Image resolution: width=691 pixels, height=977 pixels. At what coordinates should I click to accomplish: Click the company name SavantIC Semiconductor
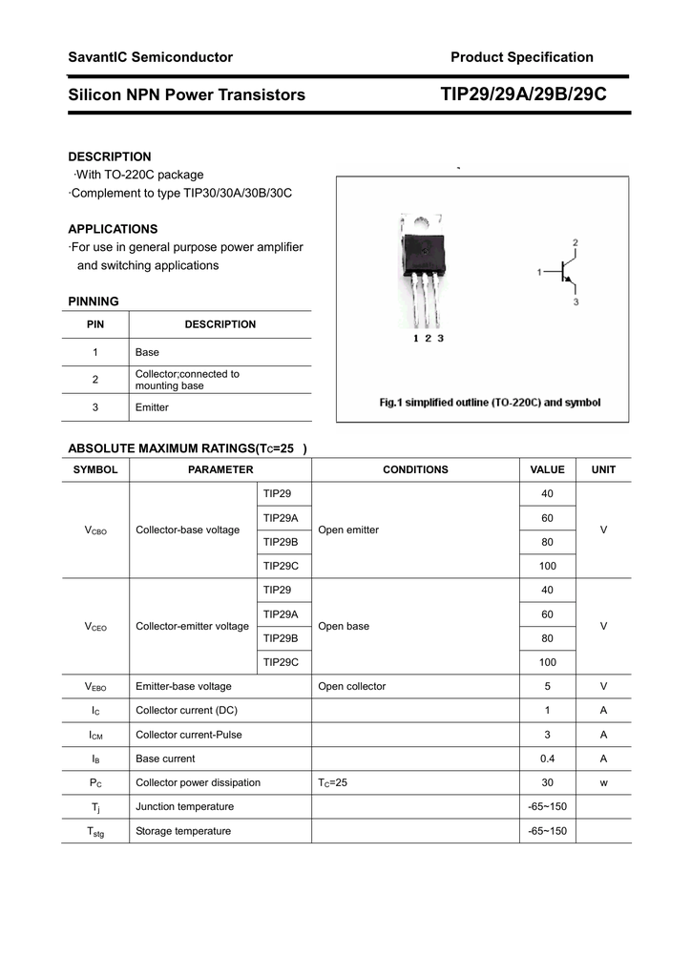point(150,57)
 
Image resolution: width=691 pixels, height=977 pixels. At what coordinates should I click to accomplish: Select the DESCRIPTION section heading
point(109,156)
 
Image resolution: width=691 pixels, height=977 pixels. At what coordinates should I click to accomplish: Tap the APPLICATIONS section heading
point(113,229)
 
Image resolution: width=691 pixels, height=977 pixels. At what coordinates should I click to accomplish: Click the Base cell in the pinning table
point(147,352)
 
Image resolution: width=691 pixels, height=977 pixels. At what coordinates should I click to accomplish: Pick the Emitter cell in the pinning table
point(152,407)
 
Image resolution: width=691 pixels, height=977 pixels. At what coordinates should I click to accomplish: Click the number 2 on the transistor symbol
point(575,242)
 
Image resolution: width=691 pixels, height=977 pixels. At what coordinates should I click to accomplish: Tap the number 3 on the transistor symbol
point(576,302)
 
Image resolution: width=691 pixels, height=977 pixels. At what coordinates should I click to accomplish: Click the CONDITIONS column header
point(415,469)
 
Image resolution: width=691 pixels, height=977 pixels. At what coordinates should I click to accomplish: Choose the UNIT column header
point(603,469)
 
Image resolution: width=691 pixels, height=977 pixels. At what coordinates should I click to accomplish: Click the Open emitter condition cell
point(348,530)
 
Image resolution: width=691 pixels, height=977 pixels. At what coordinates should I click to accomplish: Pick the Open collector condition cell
point(352,686)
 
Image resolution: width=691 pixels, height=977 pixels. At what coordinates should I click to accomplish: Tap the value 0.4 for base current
point(547,759)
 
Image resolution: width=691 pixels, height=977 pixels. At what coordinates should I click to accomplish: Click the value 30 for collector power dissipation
point(547,782)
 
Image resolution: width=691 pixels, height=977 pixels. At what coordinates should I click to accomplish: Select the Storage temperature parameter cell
point(183,831)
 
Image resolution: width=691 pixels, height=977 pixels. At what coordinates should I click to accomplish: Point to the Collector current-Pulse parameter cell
point(189,735)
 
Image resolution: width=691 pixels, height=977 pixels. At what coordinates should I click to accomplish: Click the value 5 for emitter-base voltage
point(547,686)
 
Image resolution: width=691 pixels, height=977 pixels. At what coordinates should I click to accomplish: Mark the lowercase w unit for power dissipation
point(603,782)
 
